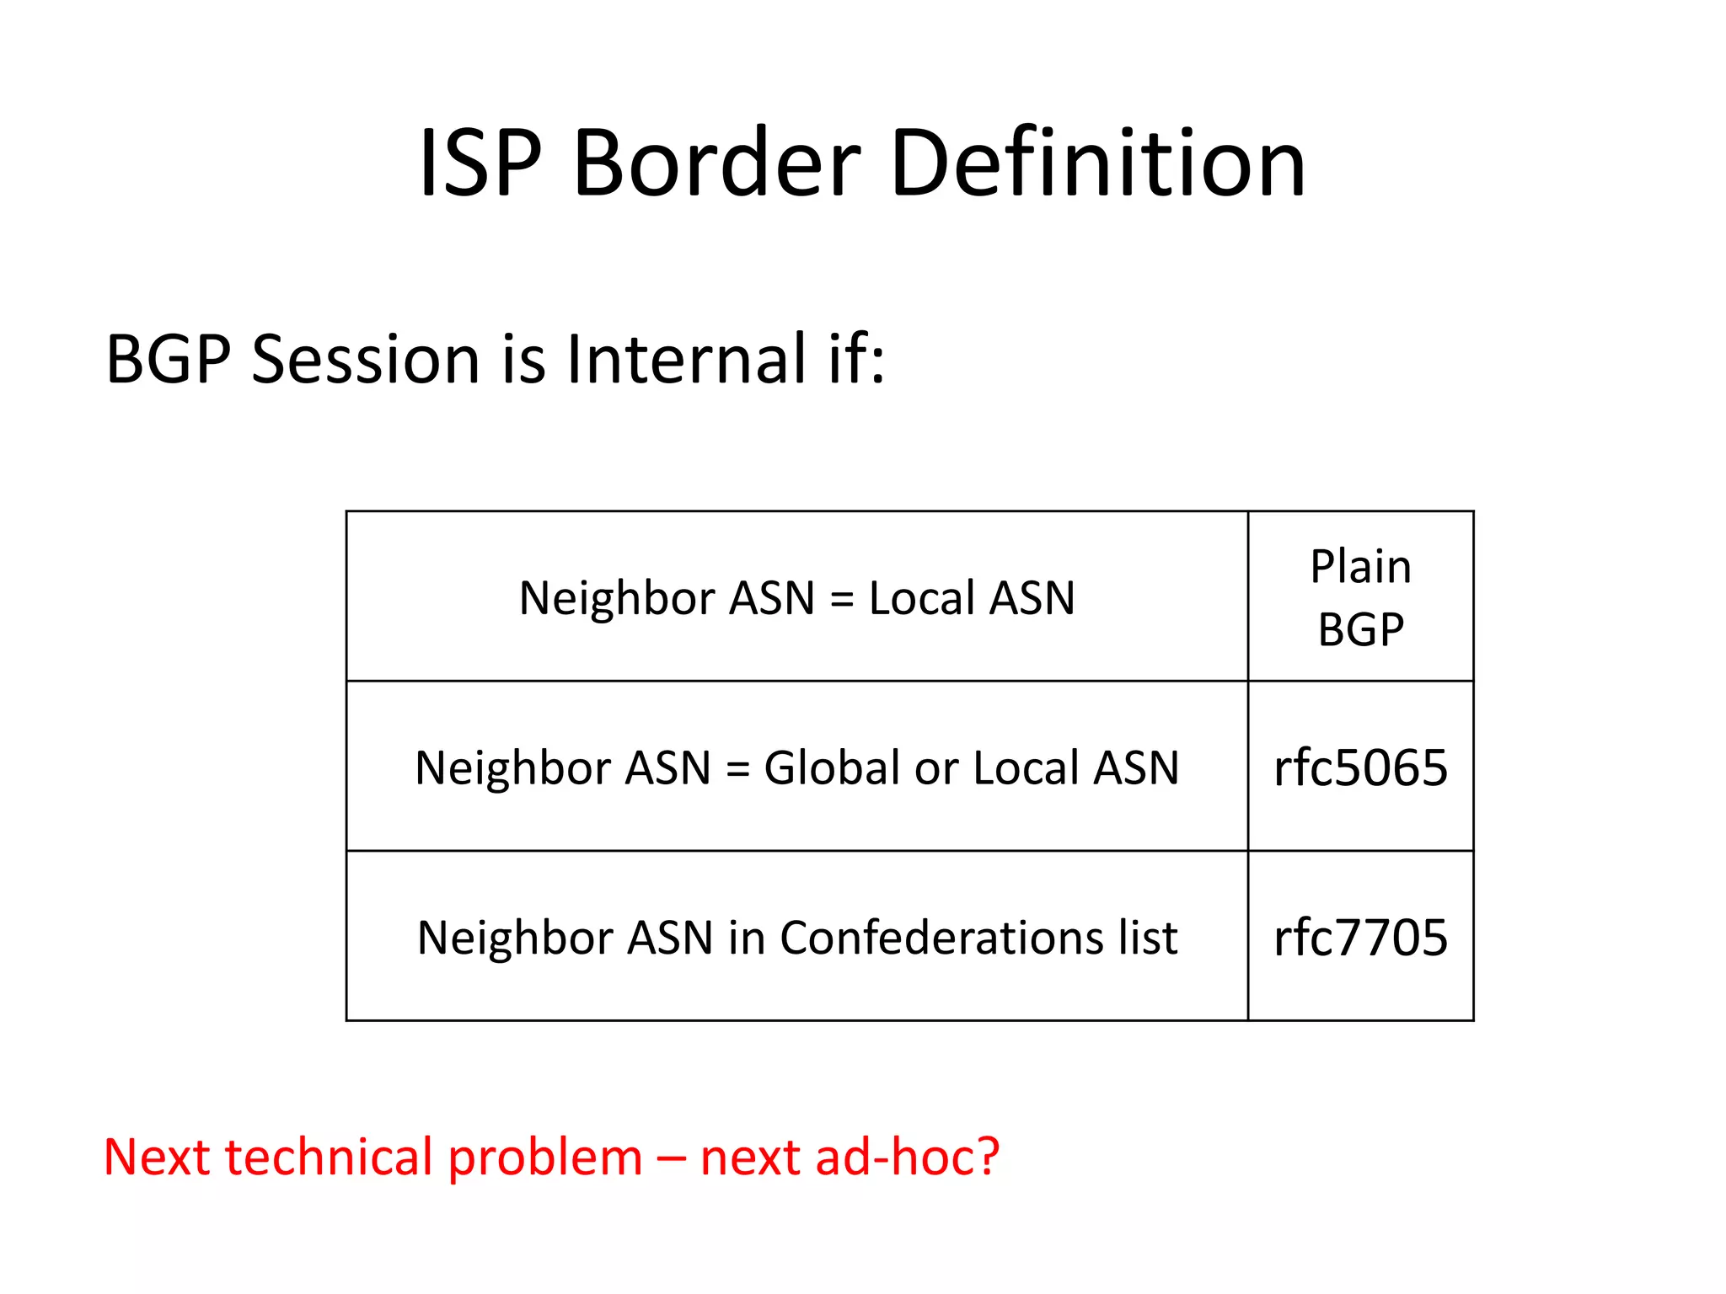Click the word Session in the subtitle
(x=367, y=360)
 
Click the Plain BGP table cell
(x=1360, y=597)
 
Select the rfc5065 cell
(x=1360, y=767)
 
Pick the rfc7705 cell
(x=1360, y=938)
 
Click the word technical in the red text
(x=328, y=1157)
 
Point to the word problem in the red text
(x=545, y=1158)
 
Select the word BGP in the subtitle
(x=169, y=360)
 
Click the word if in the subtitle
(x=856, y=360)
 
